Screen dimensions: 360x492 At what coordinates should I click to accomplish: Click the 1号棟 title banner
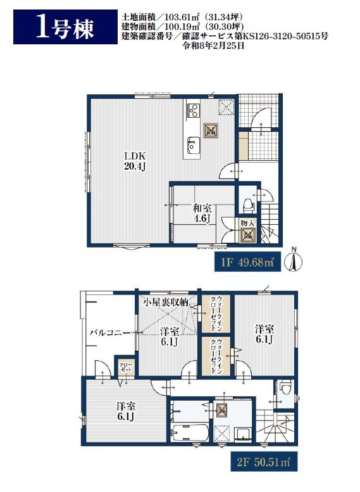65,27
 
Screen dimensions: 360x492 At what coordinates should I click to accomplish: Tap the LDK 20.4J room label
135,161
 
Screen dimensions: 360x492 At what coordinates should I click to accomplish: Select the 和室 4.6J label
202,213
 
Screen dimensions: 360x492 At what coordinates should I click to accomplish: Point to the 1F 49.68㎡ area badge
247,262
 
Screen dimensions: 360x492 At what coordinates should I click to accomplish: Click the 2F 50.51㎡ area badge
264,462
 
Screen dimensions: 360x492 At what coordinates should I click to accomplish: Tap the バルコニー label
109,332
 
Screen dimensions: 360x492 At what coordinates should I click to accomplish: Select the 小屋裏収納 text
166,303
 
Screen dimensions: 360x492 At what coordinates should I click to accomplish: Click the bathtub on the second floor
190,433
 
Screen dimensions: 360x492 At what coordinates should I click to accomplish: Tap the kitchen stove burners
193,110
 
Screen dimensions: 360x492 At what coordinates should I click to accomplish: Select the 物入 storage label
247,223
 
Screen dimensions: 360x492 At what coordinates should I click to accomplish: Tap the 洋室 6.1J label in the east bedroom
264,334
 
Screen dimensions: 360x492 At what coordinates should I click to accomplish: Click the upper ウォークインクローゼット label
216,313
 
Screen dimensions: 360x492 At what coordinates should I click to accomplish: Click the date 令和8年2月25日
213,46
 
